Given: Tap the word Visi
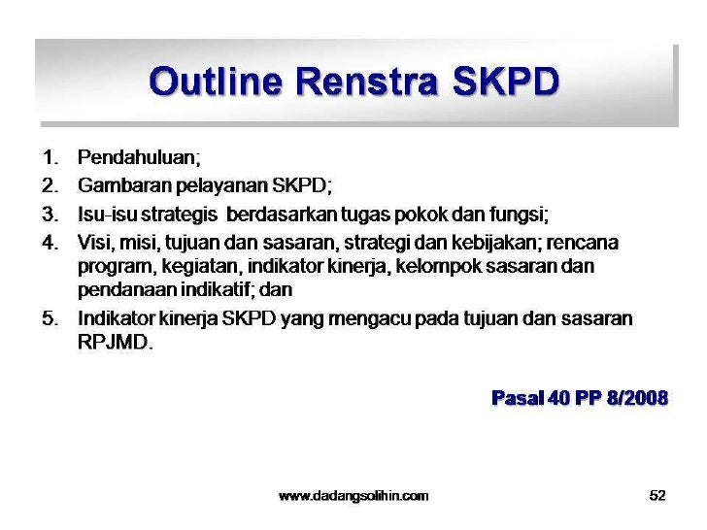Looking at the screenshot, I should pos(94,240).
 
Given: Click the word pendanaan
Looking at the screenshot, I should pos(119,290).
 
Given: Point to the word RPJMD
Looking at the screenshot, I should pos(114,344).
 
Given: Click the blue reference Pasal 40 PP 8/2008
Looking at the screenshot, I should pos(580,398).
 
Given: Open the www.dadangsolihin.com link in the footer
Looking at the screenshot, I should pos(353,496).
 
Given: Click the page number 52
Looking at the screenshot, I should pos(657,496).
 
